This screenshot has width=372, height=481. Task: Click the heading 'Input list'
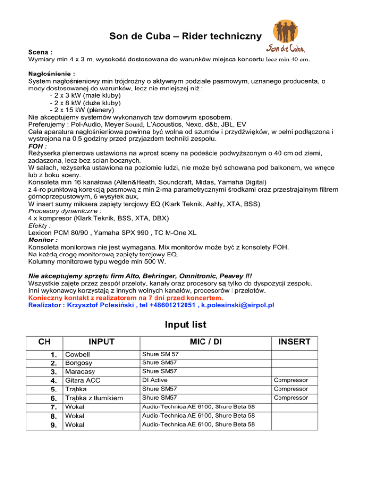click(x=186, y=323)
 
